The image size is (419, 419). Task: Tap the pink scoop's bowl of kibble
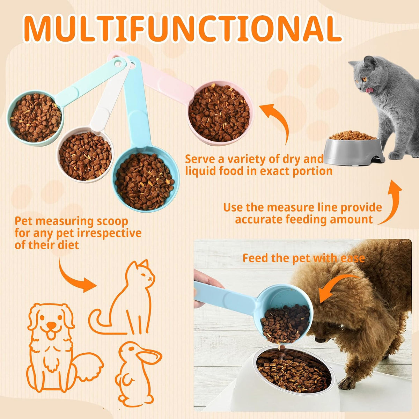[x=220, y=112]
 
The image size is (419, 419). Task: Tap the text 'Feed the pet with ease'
[x=303, y=258]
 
